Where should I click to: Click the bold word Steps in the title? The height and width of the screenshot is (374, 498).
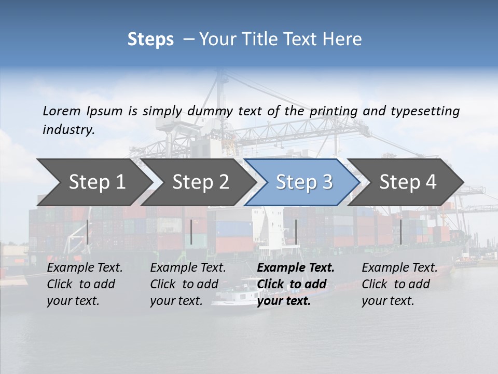point(150,39)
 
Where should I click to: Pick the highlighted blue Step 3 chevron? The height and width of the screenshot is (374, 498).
point(304,182)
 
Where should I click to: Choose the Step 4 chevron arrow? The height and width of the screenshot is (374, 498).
point(408,182)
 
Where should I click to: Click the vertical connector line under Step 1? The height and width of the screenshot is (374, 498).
point(88,232)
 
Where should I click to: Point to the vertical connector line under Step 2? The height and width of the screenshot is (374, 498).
point(191,232)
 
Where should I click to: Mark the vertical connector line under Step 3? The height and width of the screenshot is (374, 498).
point(296,232)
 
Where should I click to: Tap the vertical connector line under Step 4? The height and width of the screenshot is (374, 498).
point(400,232)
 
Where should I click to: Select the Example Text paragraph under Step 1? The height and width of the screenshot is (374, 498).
point(85,284)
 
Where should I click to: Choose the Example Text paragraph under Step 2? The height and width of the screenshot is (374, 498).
point(188,284)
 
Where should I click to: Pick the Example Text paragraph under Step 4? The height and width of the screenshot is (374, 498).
point(399,284)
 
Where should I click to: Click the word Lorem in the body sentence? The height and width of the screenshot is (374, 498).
point(62,111)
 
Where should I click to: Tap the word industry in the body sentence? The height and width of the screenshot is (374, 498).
point(68,130)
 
